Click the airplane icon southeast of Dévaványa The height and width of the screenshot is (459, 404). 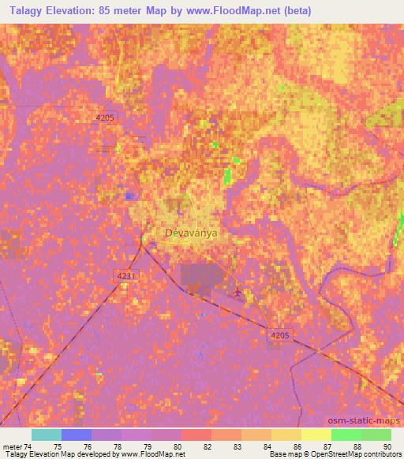click(x=238, y=294)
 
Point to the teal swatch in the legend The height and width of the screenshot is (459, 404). click(x=46, y=435)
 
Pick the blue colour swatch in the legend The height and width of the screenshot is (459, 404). click(x=76, y=435)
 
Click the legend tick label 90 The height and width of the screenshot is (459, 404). click(x=387, y=446)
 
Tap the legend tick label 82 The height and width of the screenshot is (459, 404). click(x=207, y=446)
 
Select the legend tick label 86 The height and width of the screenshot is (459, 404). click(x=297, y=446)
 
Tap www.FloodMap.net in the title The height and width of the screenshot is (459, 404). click(x=241, y=11)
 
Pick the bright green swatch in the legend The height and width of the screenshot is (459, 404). click(x=346, y=435)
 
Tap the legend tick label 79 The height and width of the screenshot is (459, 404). click(x=147, y=446)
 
